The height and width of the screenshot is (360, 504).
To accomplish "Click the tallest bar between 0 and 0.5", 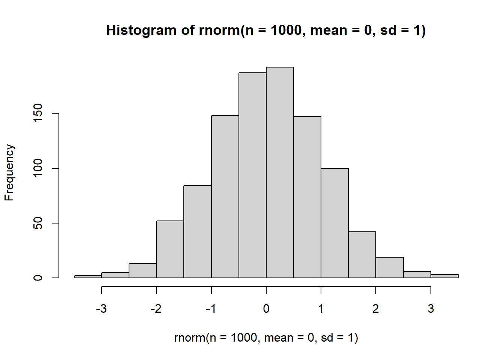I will coord(280,172).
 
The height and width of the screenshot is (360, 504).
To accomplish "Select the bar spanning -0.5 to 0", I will coord(252,175).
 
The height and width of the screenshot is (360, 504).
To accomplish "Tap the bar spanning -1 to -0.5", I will coord(225,196).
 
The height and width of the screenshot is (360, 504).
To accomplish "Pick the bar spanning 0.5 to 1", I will coord(307,197).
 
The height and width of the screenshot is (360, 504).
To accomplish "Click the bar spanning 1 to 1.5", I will coord(334,223).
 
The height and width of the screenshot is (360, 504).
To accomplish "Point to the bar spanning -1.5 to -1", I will coord(198,232).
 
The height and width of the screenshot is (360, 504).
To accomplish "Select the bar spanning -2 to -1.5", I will coord(170,249).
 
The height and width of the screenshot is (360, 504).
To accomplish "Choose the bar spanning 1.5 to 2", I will coord(362,255).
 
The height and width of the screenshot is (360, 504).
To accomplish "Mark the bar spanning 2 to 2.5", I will coord(390,267).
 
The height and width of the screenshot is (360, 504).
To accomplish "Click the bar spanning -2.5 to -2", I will coord(142,271).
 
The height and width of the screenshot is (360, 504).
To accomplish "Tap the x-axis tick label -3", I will coord(101,309).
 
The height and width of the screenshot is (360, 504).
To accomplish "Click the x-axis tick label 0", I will coord(266,309).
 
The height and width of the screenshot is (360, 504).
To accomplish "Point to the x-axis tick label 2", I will coord(376,309).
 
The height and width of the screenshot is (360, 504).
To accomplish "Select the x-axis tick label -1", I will coord(211,309).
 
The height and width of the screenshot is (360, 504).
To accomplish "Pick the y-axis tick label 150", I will coord(38,113).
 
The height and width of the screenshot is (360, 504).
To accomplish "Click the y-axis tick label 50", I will coord(38,223).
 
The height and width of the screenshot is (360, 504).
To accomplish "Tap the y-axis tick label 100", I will coord(38,168).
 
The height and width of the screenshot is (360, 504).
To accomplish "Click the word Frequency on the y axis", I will coord(9,172).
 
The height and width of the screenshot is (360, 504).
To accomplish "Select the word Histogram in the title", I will coord(141,30).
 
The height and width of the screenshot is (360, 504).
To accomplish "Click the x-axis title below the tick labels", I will coord(266,338).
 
